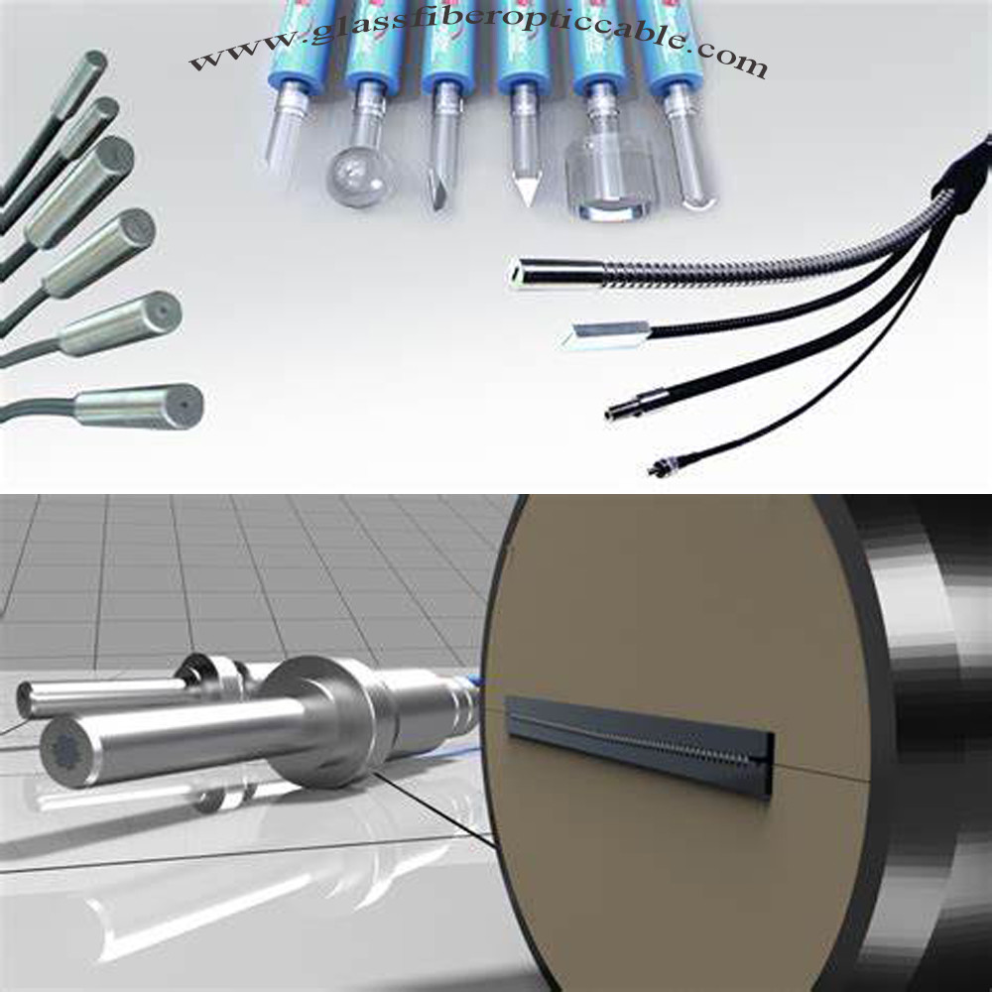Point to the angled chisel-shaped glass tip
pyautogui.click(x=437, y=184)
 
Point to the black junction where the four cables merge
pyautogui.click(x=957, y=179)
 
